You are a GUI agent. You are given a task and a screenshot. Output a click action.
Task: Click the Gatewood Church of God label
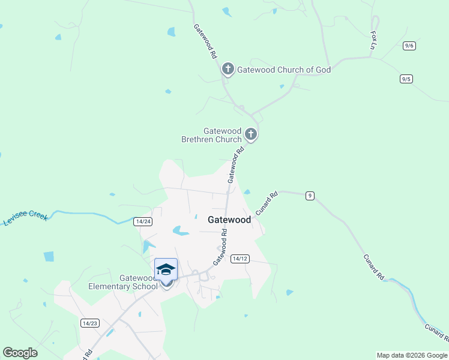[284, 70]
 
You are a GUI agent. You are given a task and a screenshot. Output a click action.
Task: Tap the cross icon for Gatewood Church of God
[228, 69]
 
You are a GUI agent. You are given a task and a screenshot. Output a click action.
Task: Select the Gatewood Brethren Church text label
[211, 135]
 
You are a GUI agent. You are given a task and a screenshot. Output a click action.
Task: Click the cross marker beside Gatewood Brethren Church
[252, 134]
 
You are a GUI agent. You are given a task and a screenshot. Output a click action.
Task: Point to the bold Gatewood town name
[229, 220]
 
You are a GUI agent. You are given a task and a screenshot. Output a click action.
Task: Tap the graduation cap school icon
[166, 270]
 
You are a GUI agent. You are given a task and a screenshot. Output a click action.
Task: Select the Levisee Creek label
[26, 218]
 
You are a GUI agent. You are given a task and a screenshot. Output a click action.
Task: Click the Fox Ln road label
[374, 41]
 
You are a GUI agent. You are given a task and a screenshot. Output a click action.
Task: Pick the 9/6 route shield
[409, 46]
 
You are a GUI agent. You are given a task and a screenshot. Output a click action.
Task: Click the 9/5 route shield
[406, 79]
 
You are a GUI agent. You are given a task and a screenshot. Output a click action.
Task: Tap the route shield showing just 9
[310, 195]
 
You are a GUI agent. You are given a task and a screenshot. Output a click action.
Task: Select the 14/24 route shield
[143, 221]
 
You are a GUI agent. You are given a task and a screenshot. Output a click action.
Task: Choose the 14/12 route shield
[240, 259]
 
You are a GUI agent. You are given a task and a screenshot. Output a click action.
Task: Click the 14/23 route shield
[89, 323]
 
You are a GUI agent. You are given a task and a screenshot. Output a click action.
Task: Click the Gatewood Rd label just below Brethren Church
[235, 166]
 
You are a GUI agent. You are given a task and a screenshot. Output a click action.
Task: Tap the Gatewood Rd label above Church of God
[205, 40]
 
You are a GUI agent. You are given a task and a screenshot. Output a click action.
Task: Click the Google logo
[20, 353]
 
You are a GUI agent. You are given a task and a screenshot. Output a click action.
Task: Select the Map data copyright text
[412, 355]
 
